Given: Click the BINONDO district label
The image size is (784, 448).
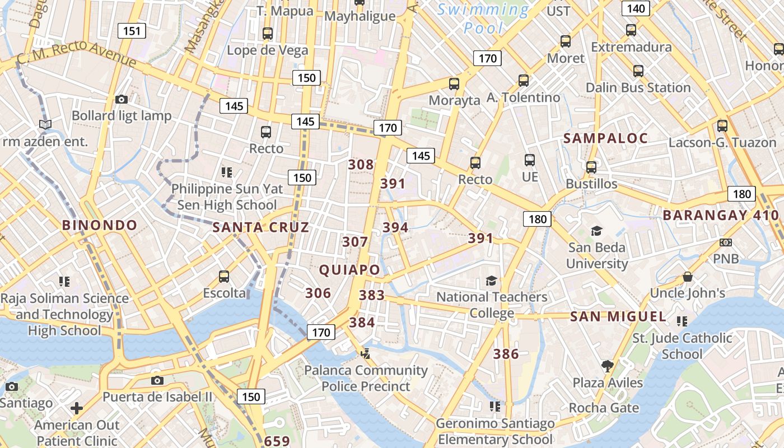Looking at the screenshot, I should point(99,225).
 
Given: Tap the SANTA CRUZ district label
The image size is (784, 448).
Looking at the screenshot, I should point(260,227).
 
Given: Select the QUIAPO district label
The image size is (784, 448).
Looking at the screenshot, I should point(349,270).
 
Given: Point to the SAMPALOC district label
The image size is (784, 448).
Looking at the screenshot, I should point(605,138).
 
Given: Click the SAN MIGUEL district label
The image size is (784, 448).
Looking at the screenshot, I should point(618,316).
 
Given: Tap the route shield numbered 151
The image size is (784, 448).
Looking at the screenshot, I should point(132,31).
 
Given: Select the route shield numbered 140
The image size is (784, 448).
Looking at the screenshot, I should point(636,8).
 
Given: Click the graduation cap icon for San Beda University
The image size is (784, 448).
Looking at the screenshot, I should point(596,231).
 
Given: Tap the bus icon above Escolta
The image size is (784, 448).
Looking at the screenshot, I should point(224,276).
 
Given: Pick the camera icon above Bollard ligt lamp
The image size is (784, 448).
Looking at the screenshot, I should point(121,99).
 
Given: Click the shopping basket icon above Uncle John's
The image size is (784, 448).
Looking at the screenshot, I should point(687,277).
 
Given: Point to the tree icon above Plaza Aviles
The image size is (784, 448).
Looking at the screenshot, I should point(607,366).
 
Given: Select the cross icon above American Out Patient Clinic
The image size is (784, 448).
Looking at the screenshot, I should point(77,408).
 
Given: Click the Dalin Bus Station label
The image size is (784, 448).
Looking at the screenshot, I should point(638,87).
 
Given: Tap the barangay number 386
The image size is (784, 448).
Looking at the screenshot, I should point(506,353).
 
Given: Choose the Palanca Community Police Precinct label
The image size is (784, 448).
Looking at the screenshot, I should point(366,378).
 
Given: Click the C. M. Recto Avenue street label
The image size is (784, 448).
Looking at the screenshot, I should point(76,54).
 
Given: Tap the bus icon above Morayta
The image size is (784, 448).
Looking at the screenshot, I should point(454,84).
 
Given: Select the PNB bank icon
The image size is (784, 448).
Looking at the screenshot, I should point(726,242).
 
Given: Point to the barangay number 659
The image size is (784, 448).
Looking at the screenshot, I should point(277,441).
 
